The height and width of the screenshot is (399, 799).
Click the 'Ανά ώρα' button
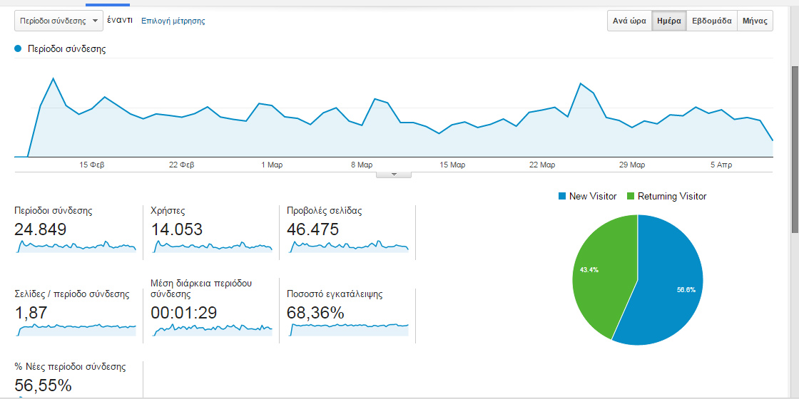coord(629,21)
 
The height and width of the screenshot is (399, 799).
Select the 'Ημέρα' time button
coord(668,21)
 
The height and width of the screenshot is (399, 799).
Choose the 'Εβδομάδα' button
coord(711,21)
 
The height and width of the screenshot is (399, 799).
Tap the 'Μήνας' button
coord(755,21)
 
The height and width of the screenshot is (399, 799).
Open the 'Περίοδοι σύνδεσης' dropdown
coord(58,21)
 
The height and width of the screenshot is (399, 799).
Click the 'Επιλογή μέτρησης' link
coord(173,21)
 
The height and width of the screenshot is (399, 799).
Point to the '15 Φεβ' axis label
coord(92,165)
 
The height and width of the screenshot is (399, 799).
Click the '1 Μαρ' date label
coord(272,165)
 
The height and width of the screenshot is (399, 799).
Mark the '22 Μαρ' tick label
coord(542,165)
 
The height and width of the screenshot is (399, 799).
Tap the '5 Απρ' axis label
coord(721,165)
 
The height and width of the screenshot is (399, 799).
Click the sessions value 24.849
coord(41,229)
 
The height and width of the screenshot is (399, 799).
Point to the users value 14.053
coord(177,229)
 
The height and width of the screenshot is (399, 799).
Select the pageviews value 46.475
coord(312,229)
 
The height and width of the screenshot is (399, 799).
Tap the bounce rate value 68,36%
coord(315,313)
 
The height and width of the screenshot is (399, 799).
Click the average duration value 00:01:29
coord(184,313)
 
